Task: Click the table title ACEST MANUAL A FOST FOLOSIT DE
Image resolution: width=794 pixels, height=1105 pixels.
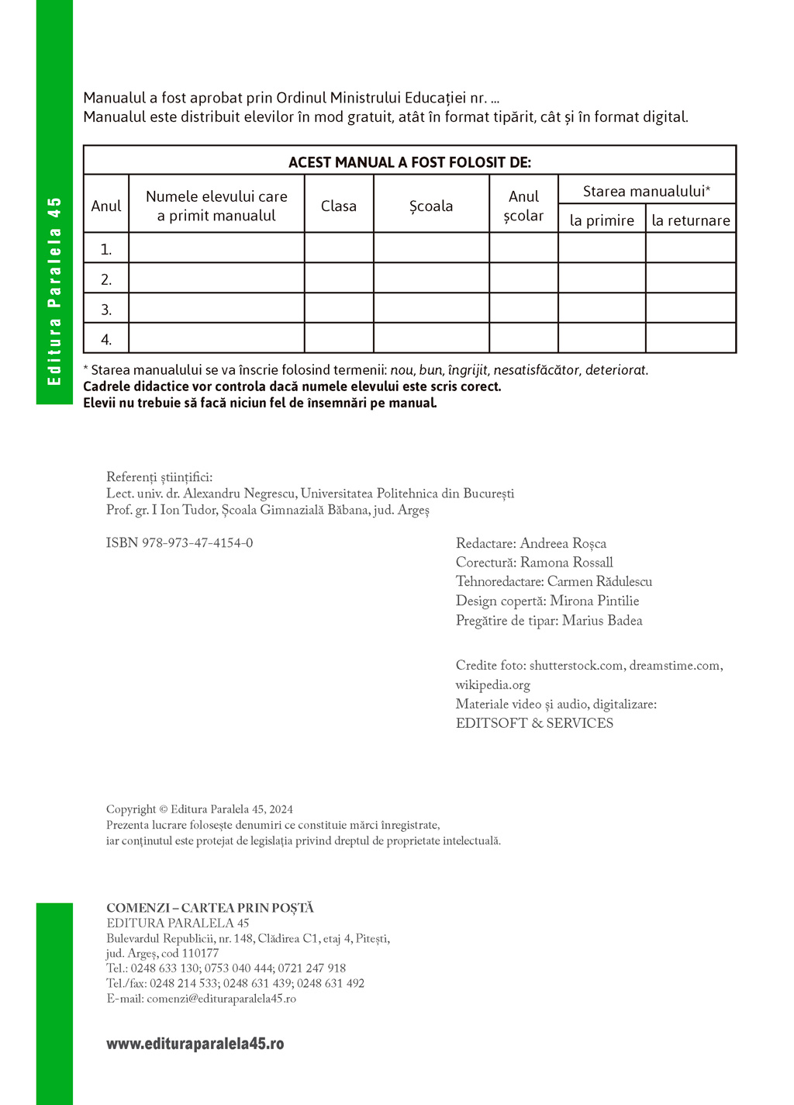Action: tap(409, 162)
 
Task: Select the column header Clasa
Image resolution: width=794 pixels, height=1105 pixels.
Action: tap(339, 206)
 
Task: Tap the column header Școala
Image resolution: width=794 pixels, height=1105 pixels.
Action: tap(431, 206)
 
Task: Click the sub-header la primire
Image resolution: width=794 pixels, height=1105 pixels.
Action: tap(602, 220)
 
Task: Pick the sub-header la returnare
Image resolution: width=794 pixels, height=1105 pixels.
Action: tap(691, 220)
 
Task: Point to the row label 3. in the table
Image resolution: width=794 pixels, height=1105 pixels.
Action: tap(106, 309)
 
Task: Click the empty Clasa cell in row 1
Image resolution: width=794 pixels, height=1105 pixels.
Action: tap(339, 248)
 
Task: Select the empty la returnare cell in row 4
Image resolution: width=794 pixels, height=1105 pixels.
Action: tap(691, 338)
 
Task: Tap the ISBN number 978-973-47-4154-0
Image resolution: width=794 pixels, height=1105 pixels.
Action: tap(197, 543)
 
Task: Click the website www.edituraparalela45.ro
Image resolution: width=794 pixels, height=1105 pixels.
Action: tap(195, 1044)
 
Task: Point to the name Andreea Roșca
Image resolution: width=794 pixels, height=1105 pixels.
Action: tap(563, 543)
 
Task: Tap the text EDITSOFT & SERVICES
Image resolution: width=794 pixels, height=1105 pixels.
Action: tap(534, 723)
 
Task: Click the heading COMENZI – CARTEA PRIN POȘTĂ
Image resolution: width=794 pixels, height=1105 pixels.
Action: tap(210, 908)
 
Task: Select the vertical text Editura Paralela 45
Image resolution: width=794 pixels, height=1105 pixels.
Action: tap(54, 291)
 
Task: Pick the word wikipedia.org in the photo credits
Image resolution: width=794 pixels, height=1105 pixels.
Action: tap(493, 685)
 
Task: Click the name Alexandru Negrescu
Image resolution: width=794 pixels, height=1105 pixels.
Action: tap(240, 494)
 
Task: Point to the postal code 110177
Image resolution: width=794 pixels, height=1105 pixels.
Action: tap(200, 953)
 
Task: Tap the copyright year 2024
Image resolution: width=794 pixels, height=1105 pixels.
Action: tap(280, 809)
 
